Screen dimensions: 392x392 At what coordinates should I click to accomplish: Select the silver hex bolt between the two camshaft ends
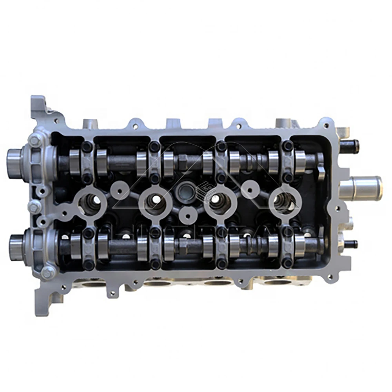[x=34, y=205]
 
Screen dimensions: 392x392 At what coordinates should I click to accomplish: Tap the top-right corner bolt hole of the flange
[x=325, y=126]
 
